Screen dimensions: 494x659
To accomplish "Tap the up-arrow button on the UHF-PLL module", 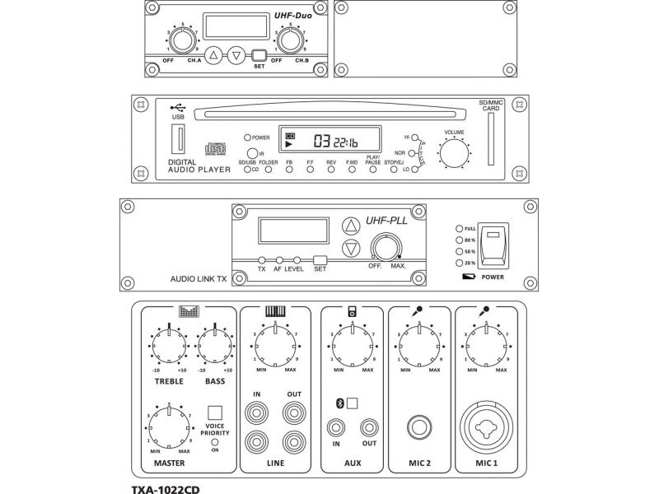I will point(351,226).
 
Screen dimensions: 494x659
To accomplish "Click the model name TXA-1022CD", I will point(166,487).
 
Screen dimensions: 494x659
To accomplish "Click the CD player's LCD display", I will point(329,139).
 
